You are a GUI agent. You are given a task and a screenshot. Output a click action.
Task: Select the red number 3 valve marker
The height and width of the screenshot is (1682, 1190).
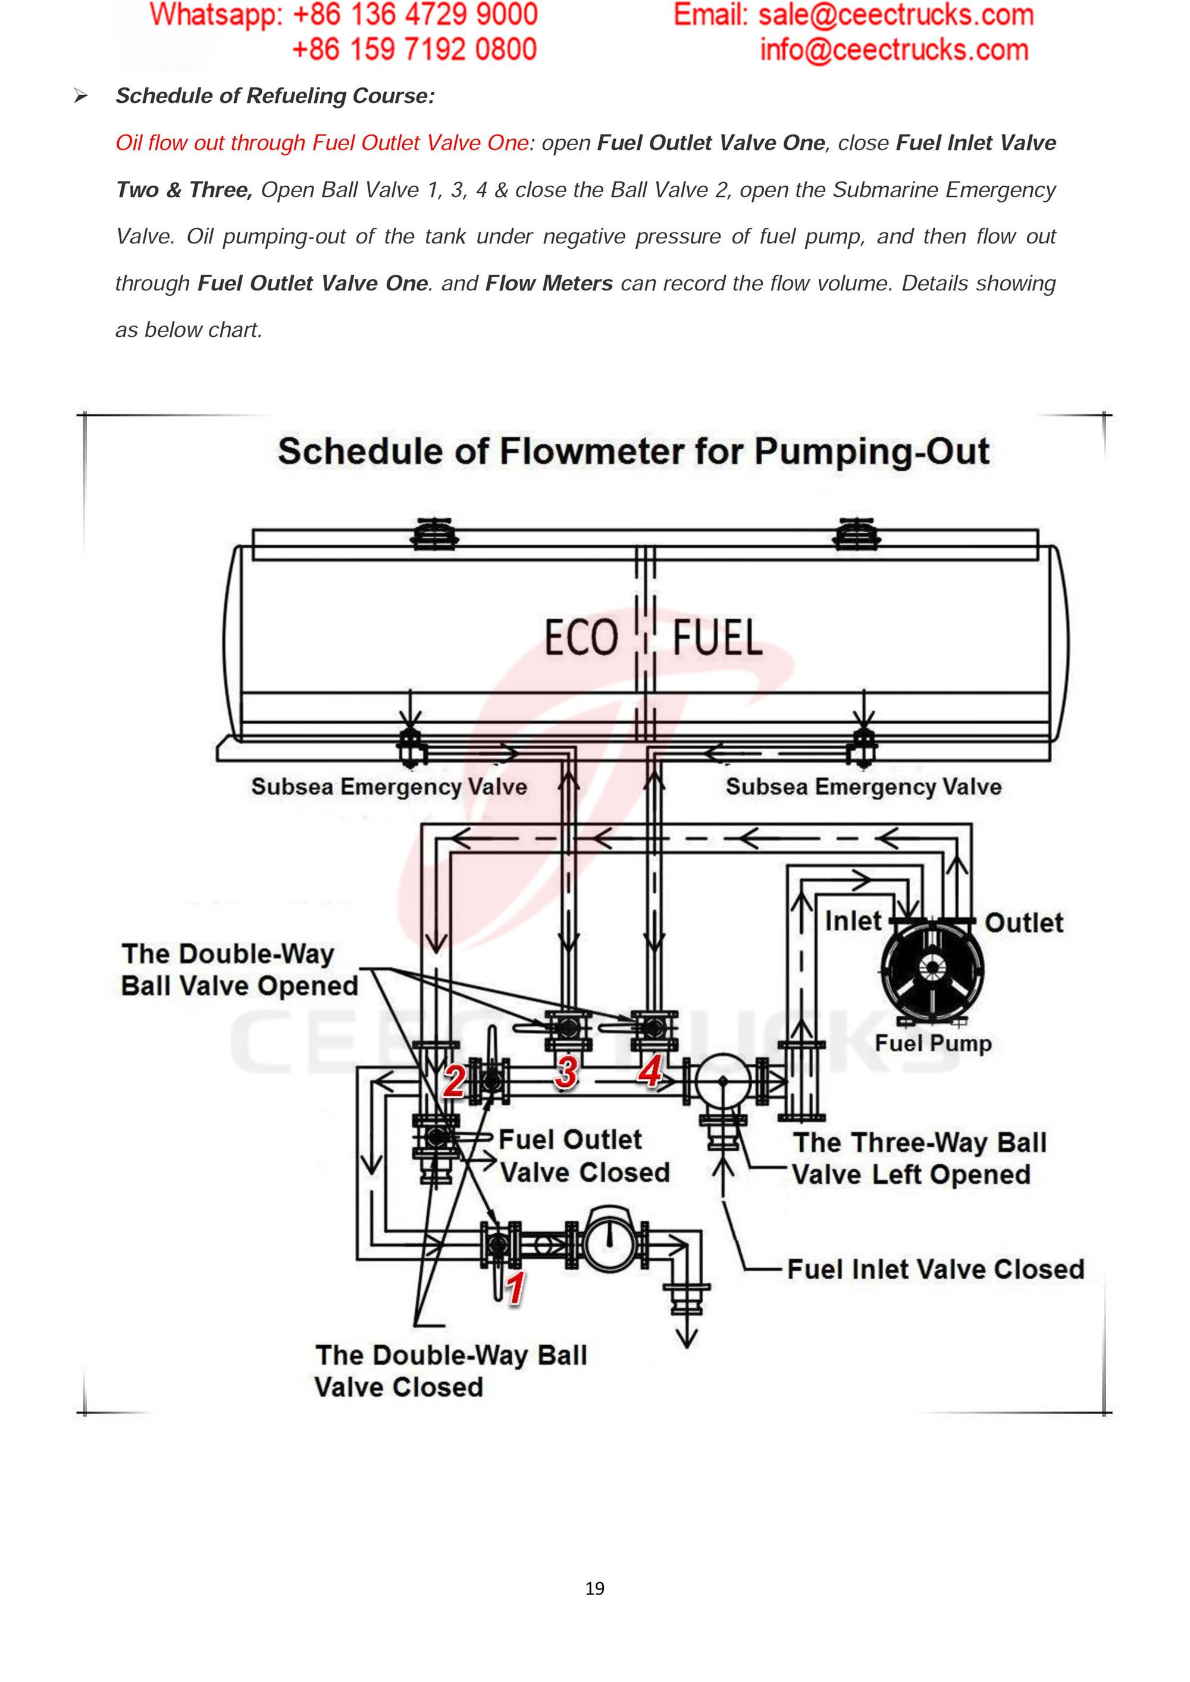566,1073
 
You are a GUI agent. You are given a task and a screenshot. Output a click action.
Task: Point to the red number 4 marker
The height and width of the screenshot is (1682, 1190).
650,1073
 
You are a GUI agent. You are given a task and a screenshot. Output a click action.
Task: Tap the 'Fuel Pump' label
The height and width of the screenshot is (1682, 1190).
933,1043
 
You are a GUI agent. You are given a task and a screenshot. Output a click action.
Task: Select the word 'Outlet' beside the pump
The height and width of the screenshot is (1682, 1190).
1023,923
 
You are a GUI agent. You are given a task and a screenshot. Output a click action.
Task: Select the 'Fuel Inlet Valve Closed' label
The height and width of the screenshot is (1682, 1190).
935,1270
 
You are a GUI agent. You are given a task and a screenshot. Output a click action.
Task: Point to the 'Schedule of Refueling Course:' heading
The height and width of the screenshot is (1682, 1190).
275,96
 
